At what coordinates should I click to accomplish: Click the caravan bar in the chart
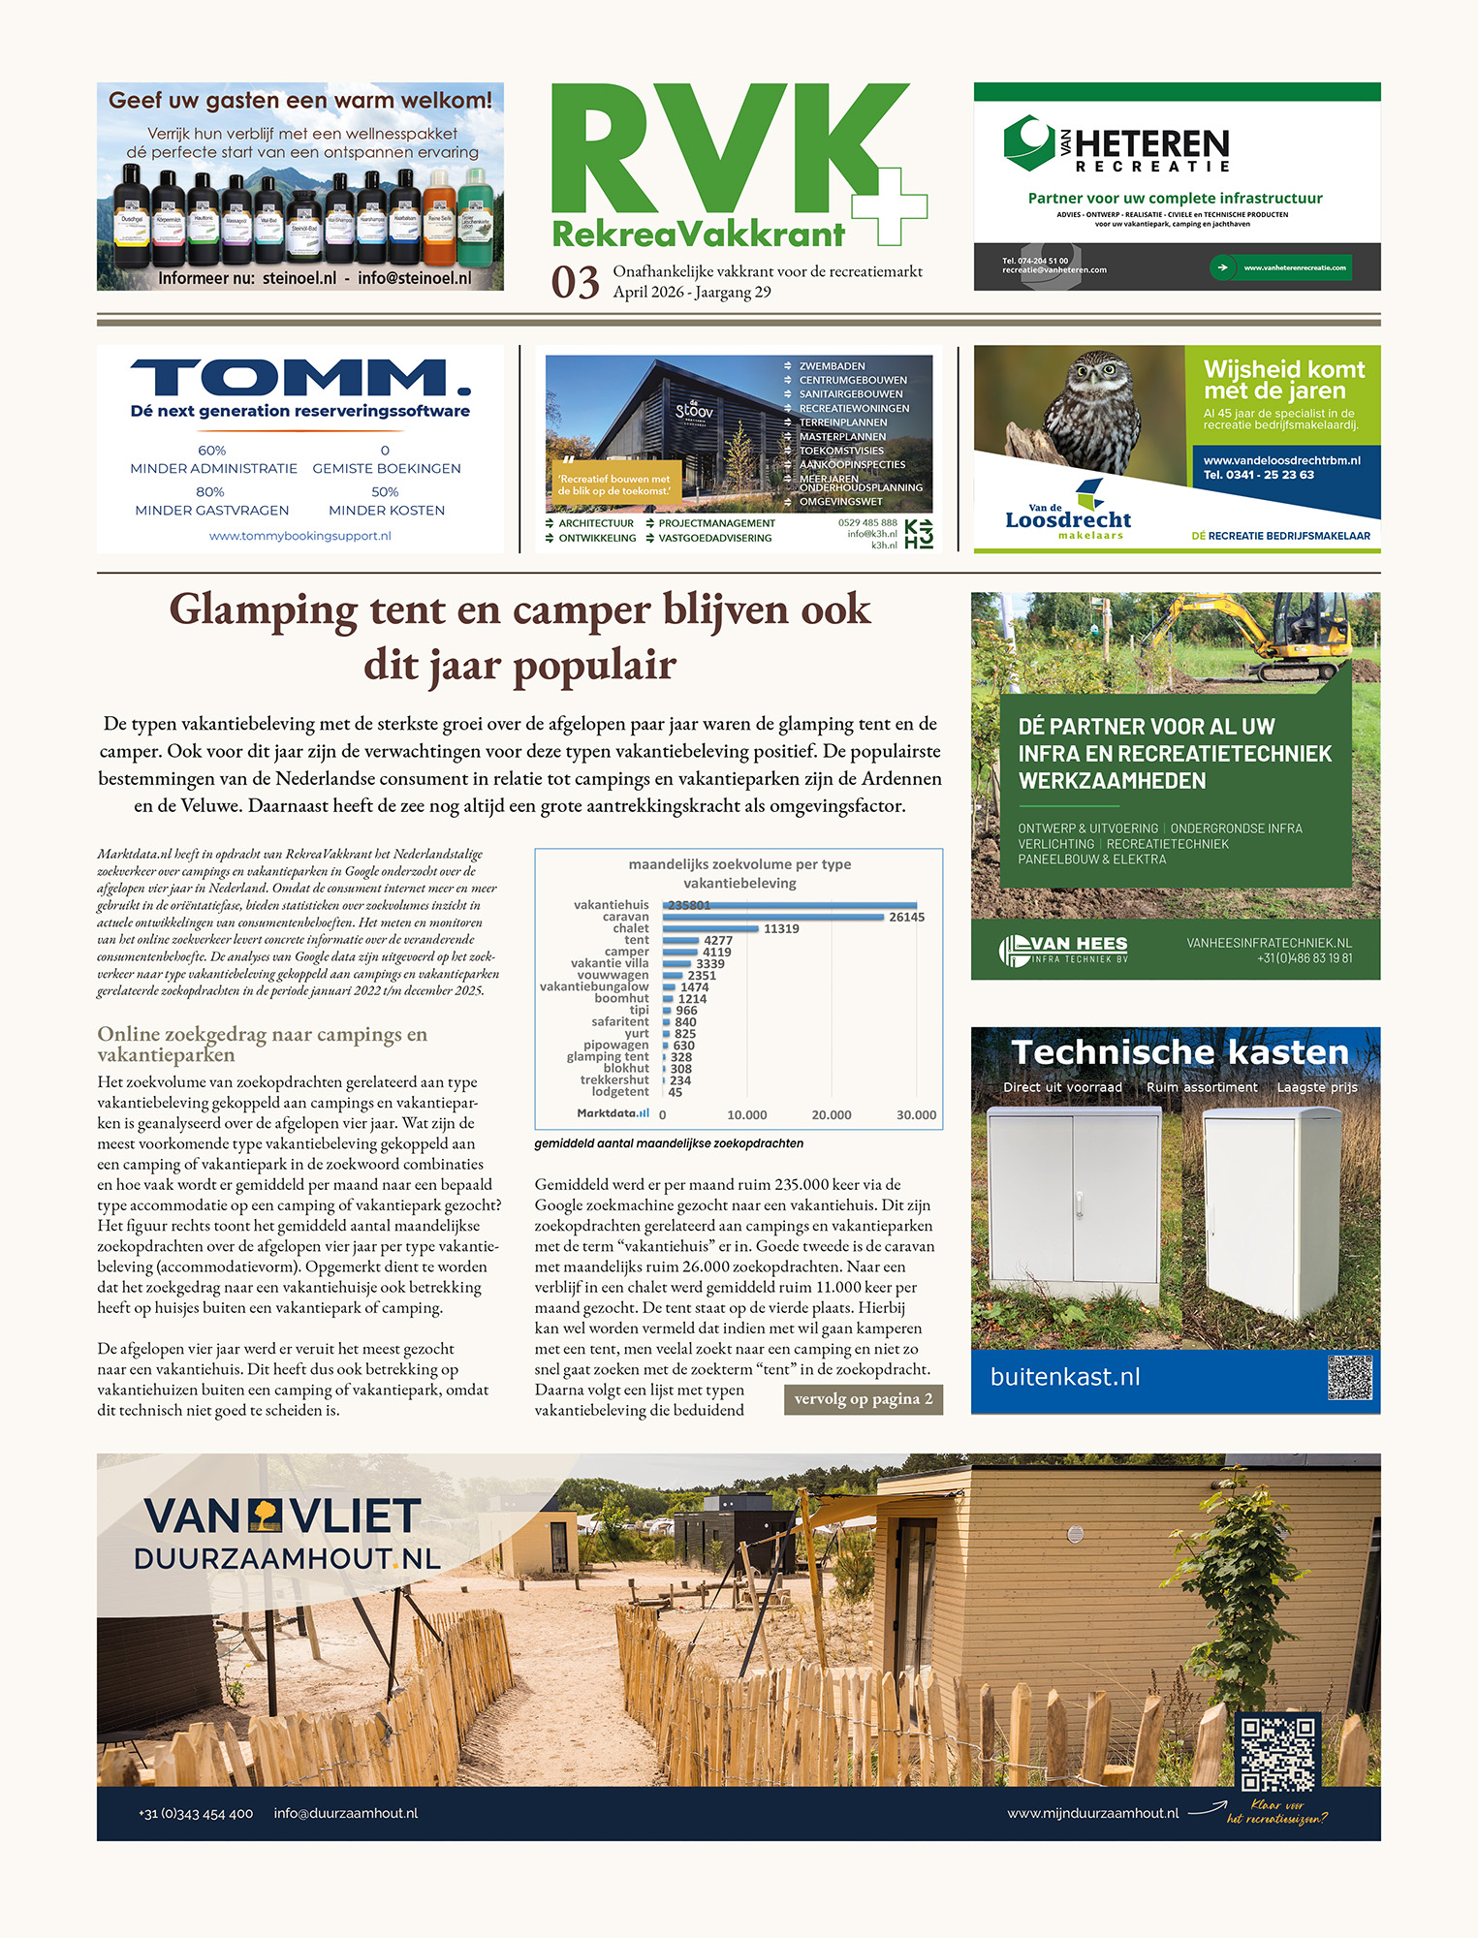tap(773, 917)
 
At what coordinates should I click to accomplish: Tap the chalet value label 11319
tap(781, 928)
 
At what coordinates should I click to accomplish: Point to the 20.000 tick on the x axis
tap(831, 1115)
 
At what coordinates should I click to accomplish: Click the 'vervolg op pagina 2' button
tap(863, 1399)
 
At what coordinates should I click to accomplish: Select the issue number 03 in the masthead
tap(576, 283)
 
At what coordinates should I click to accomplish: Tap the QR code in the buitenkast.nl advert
tap(1349, 1377)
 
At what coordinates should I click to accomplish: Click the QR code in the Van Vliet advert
tap(1277, 1752)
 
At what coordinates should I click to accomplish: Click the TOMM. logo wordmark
tap(299, 378)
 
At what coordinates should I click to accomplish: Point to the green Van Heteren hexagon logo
tap(1029, 143)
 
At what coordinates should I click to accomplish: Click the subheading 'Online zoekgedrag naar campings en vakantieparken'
tap(262, 1044)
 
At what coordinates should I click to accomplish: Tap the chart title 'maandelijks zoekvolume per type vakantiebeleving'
tap(739, 873)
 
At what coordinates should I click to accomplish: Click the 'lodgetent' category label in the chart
tap(620, 1092)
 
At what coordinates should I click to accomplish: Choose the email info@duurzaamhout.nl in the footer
tap(345, 1813)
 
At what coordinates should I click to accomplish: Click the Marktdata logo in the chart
tap(613, 1113)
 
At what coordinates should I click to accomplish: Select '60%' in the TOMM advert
tap(211, 451)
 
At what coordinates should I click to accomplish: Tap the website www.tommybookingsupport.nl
tap(299, 536)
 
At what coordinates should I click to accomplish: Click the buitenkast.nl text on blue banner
tap(1065, 1377)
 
